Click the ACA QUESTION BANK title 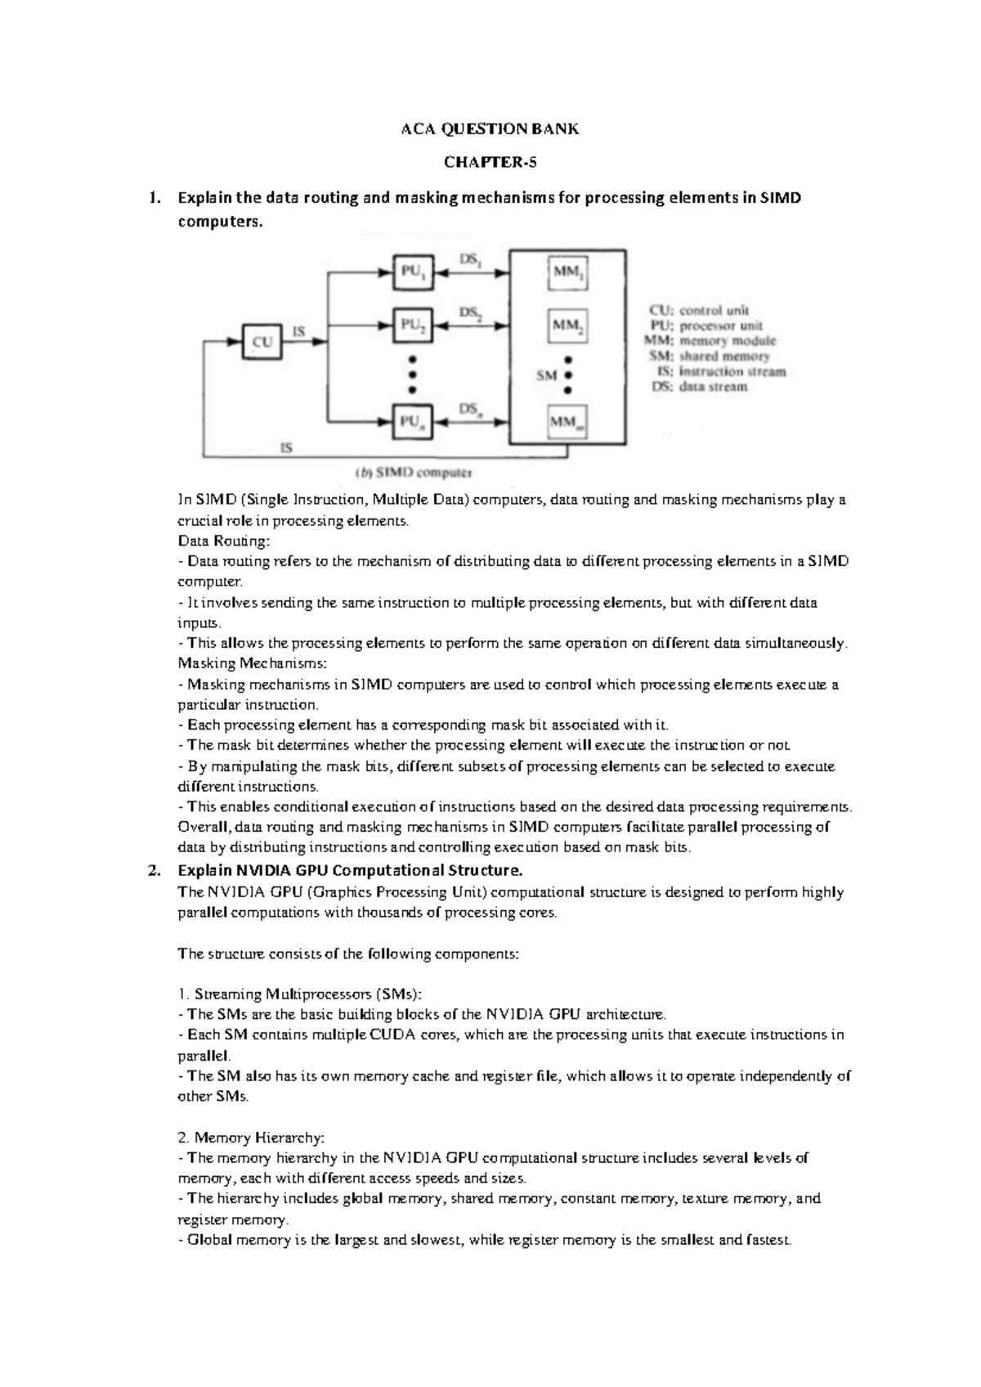[x=490, y=129]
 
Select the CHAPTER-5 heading [x=490, y=162]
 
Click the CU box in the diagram [x=262, y=342]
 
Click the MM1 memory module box [x=568, y=273]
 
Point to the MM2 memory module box [x=568, y=325]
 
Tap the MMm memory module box [x=568, y=423]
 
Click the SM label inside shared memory [x=546, y=375]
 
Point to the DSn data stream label [x=469, y=408]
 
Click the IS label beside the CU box [x=300, y=331]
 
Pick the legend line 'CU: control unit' [x=698, y=311]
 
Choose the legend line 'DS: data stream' [x=699, y=387]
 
